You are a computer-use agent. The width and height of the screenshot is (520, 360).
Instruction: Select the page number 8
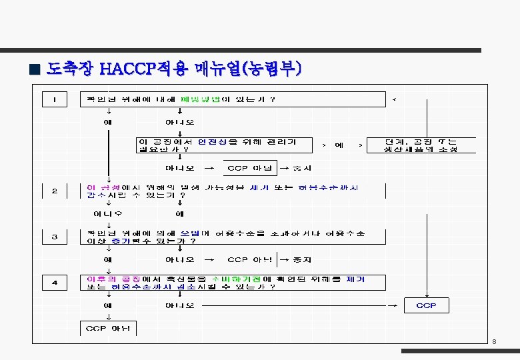(494, 342)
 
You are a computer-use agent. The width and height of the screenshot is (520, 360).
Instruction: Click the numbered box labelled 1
(55, 100)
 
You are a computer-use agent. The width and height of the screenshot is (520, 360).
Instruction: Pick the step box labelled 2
(55, 191)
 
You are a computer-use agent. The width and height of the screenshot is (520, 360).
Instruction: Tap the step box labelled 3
(55, 237)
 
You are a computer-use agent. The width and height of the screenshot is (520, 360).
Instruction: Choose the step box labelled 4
(55, 283)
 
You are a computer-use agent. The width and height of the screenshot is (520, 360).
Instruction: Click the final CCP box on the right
(426, 305)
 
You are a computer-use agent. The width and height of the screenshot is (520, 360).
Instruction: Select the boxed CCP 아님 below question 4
(108, 328)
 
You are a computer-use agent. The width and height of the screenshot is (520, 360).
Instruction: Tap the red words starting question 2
(103, 187)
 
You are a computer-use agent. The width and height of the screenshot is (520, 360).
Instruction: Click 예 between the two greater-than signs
(339, 145)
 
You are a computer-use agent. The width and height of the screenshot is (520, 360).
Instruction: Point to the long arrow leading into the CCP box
(300, 306)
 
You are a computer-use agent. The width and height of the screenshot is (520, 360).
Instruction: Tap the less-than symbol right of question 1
(394, 100)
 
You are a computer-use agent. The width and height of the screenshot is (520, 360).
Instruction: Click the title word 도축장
(71, 69)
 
